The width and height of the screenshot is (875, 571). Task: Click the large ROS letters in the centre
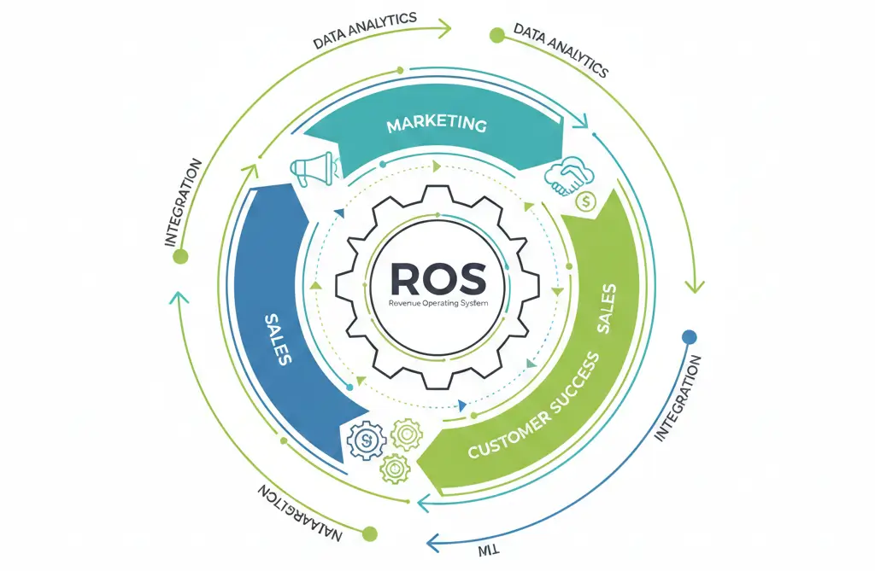(x=437, y=277)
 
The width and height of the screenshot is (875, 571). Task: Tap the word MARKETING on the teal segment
(x=437, y=125)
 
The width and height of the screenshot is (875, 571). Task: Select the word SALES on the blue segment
(x=276, y=339)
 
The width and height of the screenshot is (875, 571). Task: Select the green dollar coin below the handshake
(x=586, y=201)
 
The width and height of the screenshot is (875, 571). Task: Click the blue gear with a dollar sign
(x=364, y=440)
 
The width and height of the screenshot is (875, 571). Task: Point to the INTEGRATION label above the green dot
(x=184, y=202)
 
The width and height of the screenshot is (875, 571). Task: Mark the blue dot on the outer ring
(x=690, y=337)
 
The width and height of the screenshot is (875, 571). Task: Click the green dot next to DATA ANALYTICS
(x=496, y=35)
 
